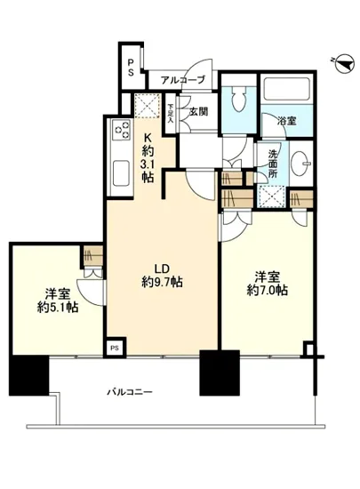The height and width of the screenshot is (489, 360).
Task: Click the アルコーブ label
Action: pos(183,80)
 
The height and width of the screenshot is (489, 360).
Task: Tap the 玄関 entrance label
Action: pos(198,112)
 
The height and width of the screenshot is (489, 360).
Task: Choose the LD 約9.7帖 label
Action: pos(161,276)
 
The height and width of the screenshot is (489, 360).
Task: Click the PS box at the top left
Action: pos(130,62)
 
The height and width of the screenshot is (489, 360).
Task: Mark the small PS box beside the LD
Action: pos(113,348)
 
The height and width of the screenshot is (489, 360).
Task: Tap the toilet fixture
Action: pos(236,100)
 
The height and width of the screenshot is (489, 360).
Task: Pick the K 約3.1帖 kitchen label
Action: pos(148,156)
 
